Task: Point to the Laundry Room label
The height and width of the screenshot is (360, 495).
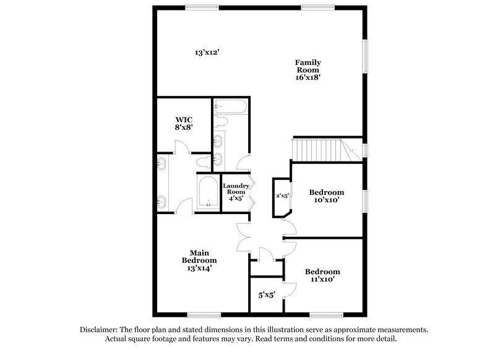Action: pyautogui.click(x=236, y=192)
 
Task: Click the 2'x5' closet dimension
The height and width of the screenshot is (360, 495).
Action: pyautogui.click(x=283, y=196)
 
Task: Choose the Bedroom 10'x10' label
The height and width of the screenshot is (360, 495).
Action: pyautogui.click(x=326, y=196)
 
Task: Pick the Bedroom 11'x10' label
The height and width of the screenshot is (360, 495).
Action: pyautogui.click(x=322, y=275)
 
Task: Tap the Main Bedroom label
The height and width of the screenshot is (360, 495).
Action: pyautogui.click(x=199, y=260)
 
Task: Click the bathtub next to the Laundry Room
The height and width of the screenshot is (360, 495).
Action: pyautogui.click(x=209, y=193)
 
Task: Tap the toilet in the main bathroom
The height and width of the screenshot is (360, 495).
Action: pyautogui.click(x=202, y=162)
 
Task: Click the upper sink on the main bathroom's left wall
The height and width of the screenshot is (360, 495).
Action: pyautogui.click(x=161, y=164)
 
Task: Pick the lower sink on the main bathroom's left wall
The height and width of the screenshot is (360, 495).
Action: pyautogui.click(x=161, y=200)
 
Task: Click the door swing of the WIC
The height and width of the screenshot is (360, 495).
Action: pyautogui.click(x=181, y=147)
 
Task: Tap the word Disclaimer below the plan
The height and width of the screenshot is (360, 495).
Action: pyautogui.click(x=100, y=330)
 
